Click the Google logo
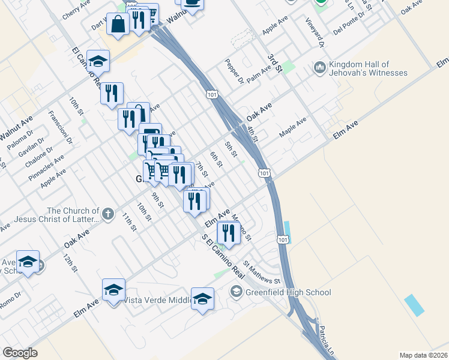click(x=20, y=352)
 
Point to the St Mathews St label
click(x=262, y=272)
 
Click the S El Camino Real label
click(x=224, y=256)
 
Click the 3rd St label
click(x=275, y=62)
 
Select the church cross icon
click(x=107, y=214)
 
